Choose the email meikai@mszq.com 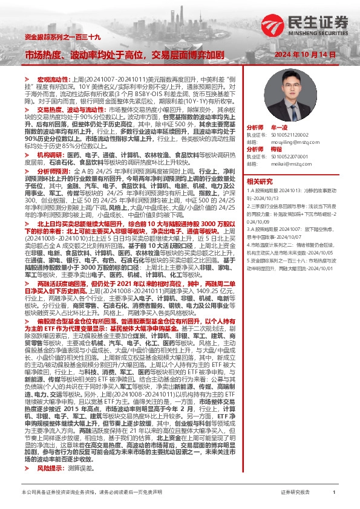click(284, 163)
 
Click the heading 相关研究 click(260, 181)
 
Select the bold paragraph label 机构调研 click(50, 154)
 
